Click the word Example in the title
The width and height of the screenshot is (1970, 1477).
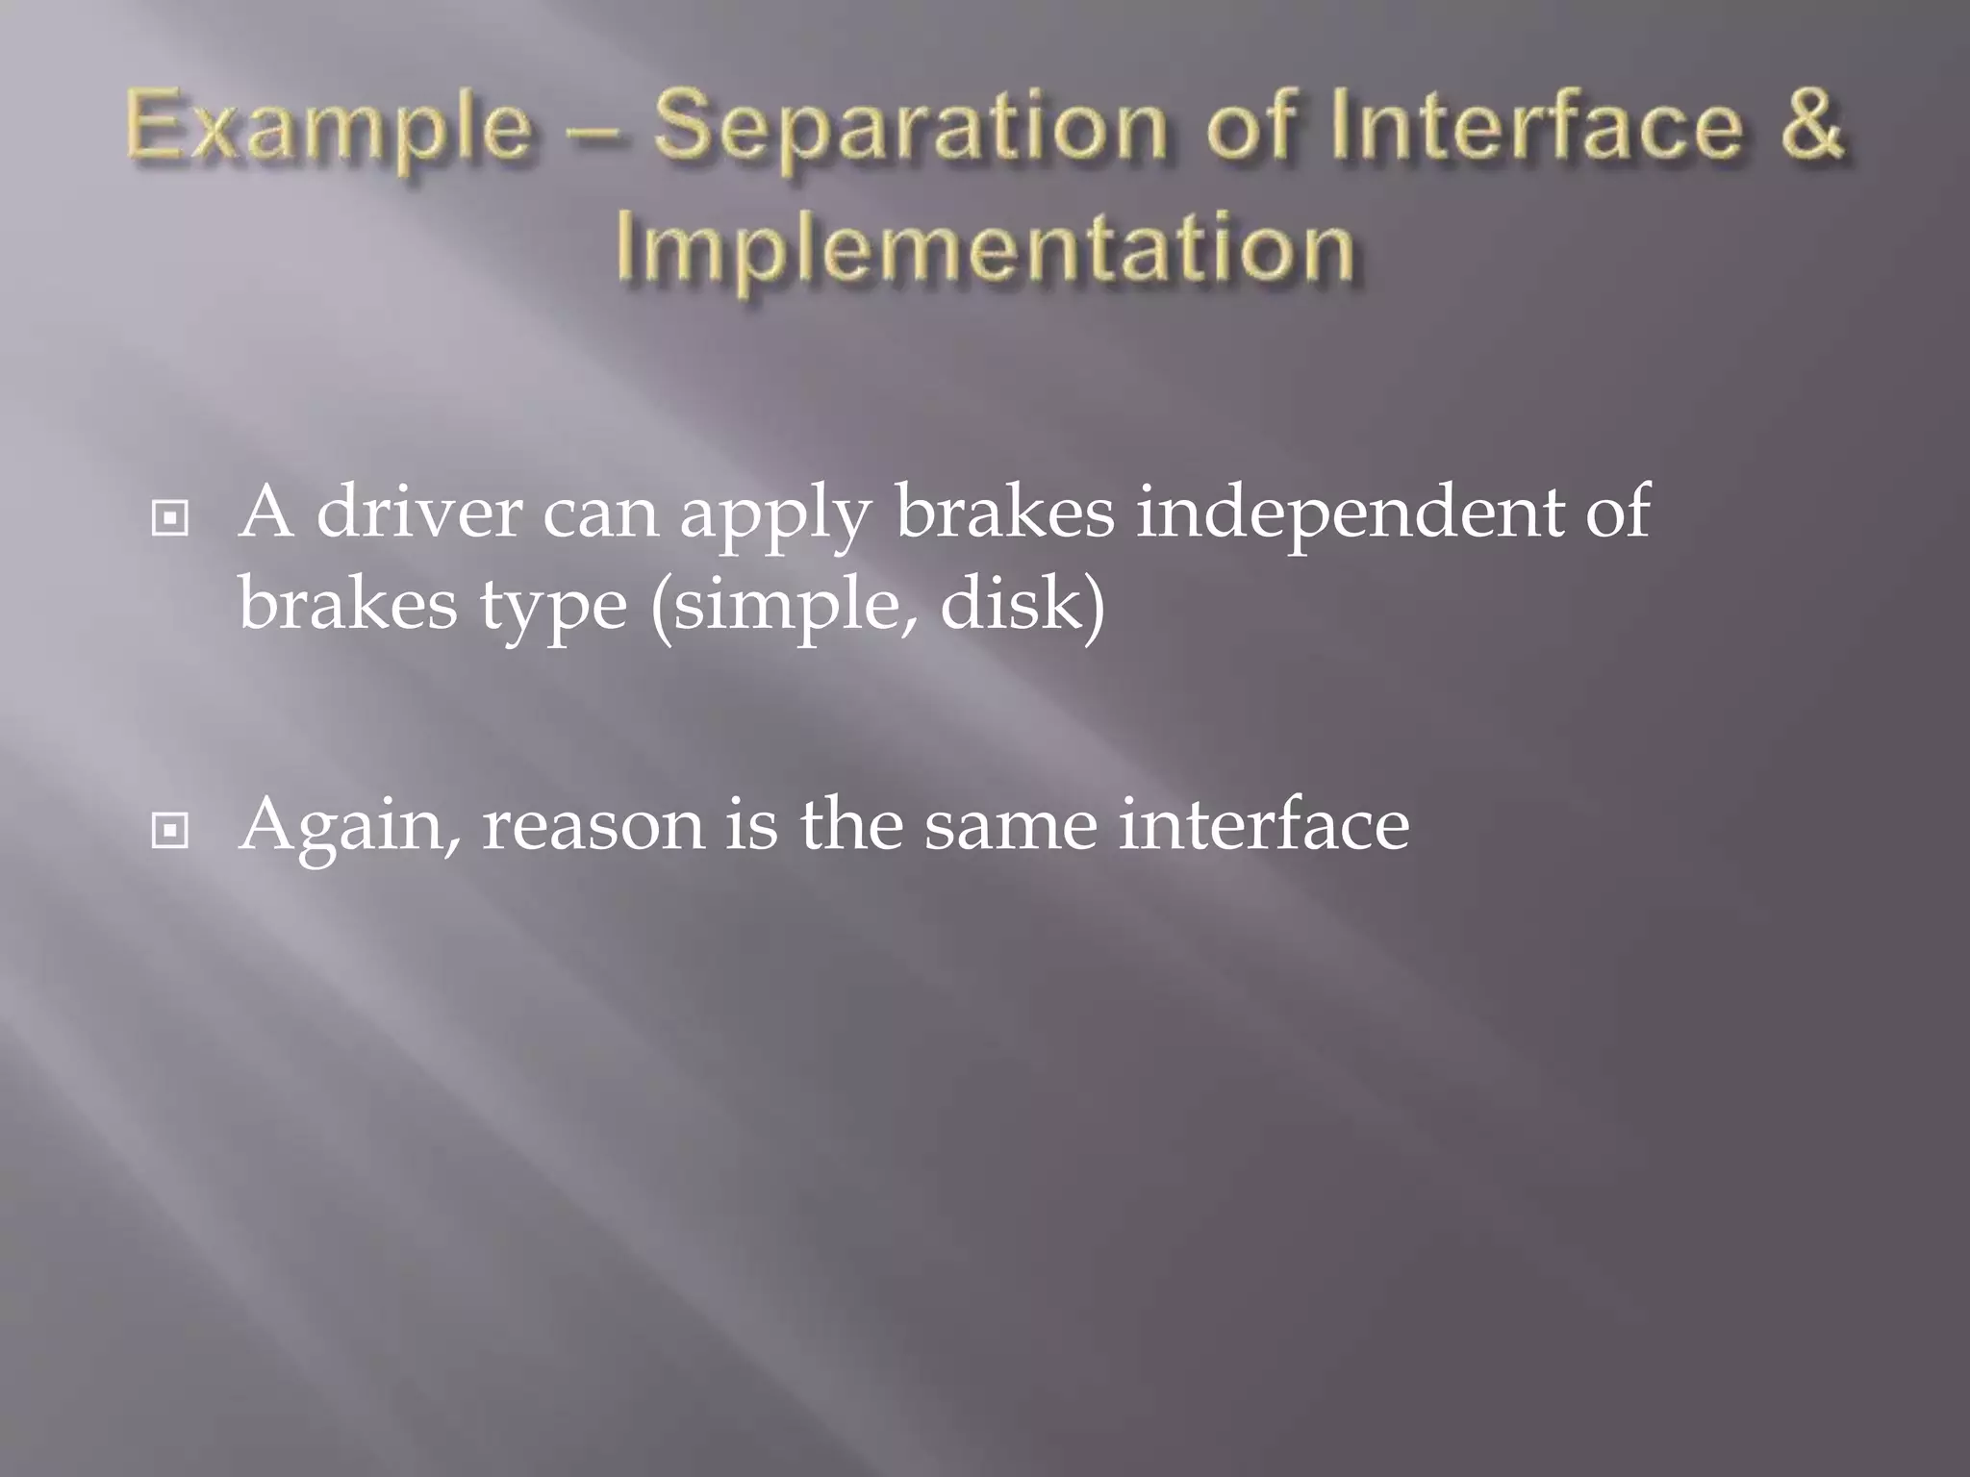coord(329,128)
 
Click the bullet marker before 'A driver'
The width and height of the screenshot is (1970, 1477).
coord(170,518)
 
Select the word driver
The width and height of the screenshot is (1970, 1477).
coord(418,512)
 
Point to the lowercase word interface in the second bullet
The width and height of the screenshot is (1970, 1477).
coord(1264,824)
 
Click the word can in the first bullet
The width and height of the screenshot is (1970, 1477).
coord(600,513)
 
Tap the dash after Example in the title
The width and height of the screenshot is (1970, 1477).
coord(592,129)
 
